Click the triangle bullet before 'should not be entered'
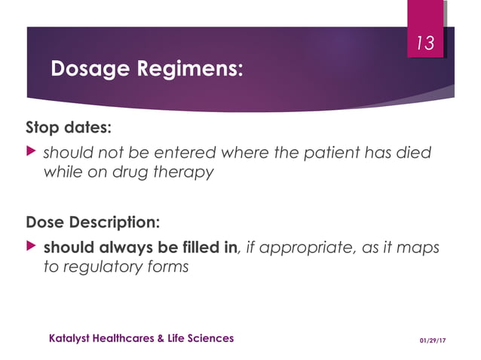pos(32,152)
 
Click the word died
pos(415,153)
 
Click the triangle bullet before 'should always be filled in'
pos(32,246)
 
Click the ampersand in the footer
pos(160,338)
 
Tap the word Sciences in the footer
pos(211,338)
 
